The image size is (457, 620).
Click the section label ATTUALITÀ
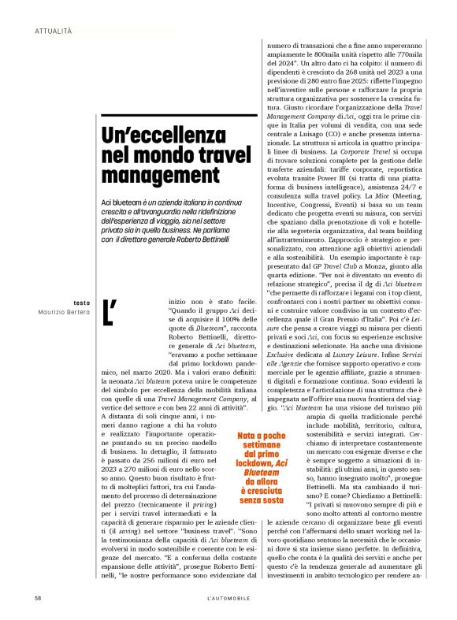(x=54, y=31)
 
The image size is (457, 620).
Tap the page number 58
(x=38, y=599)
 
